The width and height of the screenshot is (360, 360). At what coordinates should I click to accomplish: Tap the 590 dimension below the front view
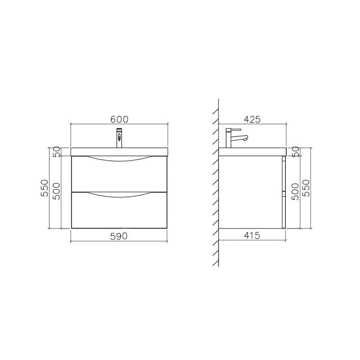[119, 236]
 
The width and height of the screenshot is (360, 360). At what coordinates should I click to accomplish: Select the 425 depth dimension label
[252, 119]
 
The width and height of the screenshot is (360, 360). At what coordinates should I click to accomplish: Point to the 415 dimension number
[252, 236]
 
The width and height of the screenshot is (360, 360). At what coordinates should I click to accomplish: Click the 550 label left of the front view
[44, 188]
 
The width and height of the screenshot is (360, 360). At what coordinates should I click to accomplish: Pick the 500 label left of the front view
[57, 188]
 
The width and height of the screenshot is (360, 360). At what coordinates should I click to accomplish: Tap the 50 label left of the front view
[57, 152]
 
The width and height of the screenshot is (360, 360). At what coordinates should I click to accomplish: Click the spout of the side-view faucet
[244, 138]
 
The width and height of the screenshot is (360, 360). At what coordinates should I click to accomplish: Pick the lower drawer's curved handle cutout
[119, 195]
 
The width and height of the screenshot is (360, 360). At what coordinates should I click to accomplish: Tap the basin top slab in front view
[119, 152]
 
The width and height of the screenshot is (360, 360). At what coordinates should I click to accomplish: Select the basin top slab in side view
[252, 152]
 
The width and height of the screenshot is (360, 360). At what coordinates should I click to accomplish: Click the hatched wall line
[215, 180]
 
